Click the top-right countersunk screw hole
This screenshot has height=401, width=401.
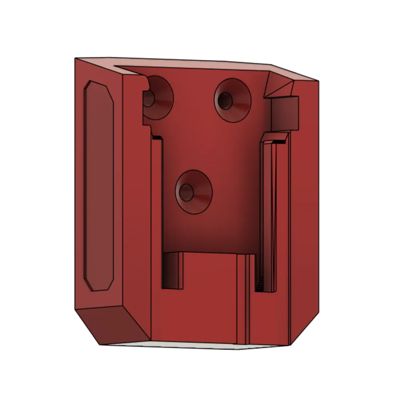click(x=233, y=100)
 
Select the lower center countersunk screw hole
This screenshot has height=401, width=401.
click(x=194, y=192)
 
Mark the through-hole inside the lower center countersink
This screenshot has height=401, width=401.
click(x=186, y=192)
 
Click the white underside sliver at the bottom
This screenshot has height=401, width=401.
click(x=192, y=345)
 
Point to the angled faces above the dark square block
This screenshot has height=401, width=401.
click(x=281, y=86)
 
